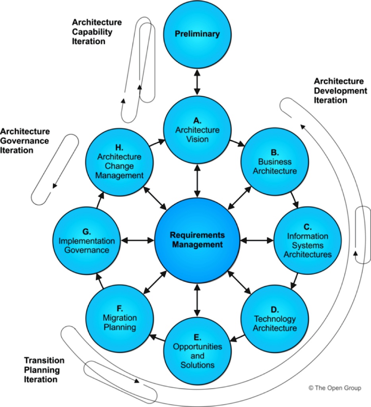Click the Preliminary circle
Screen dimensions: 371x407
coord(197,34)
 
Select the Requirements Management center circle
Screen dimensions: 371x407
coord(197,240)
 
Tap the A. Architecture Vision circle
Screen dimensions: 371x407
coord(197,130)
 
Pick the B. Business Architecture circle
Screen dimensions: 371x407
coord(275,161)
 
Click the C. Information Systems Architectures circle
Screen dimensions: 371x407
coord(307,240)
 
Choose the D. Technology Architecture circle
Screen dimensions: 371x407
coord(275,319)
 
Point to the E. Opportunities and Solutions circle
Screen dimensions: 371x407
coord(197,351)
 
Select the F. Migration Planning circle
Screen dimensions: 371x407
coord(120,318)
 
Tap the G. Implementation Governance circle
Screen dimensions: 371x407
coord(86,240)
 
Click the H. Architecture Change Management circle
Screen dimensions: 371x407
coord(119,162)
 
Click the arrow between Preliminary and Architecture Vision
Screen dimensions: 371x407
coord(197,82)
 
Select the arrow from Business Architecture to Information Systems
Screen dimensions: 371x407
coord(294,200)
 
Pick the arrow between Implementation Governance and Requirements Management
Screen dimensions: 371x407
coord(138,240)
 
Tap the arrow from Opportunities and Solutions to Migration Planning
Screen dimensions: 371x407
coord(157,337)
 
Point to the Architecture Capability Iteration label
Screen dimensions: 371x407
coord(97,32)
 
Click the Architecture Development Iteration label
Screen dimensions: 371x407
coord(340,91)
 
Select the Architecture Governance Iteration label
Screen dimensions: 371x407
coord(25,141)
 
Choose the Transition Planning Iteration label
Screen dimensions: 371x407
coord(44,370)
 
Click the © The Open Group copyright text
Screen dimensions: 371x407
coord(335,388)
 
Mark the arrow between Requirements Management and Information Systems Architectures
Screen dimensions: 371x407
coord(257,240)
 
